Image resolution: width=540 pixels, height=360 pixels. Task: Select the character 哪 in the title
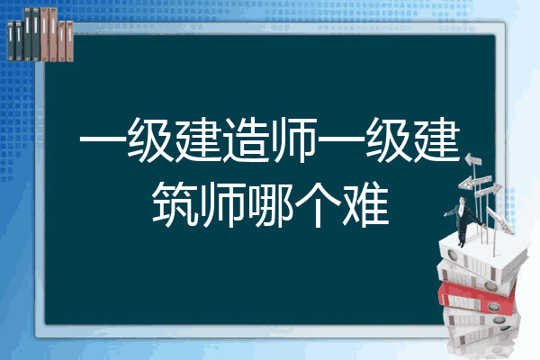point(271,205)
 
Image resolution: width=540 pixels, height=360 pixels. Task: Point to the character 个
point(319,205)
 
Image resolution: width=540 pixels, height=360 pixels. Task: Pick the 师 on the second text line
point(223,205)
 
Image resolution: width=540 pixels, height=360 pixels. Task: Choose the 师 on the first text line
point(294,140)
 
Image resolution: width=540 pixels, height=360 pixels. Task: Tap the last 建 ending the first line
point(437,140)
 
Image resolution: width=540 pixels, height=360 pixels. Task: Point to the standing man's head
point(463,200)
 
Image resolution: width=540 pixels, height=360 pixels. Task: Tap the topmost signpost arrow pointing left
point(473,159)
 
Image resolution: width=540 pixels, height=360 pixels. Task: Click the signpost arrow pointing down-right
point(499,220)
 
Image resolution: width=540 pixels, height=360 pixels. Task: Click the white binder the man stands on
point(482,255)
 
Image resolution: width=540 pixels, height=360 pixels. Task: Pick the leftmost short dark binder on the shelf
point(11,40)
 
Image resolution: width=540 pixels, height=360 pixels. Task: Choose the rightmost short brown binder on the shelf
point(69,41)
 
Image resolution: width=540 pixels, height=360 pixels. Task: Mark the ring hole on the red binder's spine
point(493,306)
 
